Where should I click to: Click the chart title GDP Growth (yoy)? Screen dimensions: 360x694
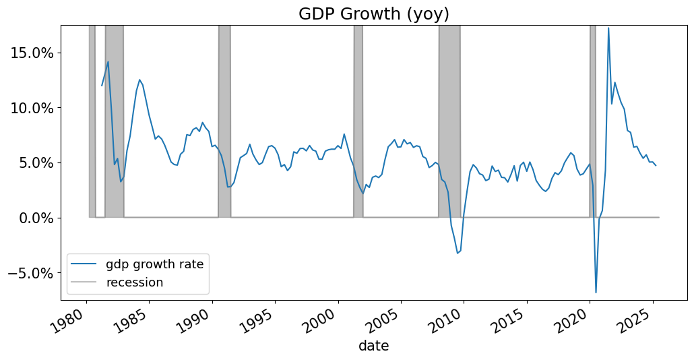(x=374, y=14)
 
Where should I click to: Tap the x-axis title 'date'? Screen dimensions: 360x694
(x=373, y=347)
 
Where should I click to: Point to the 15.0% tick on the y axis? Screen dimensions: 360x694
(x=34, y=53)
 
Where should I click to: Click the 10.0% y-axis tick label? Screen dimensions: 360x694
(x=34, y=108)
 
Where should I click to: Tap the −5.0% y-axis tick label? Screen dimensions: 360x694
(x=31, y=273)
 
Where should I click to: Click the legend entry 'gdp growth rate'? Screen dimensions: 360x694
(x=154, y=264)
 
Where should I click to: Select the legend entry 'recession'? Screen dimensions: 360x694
(x=135, y=282)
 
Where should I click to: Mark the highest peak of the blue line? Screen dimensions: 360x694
(x=608, y=28)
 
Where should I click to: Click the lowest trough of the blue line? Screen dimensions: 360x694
(x=596, y=292)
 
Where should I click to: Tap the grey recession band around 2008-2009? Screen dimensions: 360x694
(x=449, y=121)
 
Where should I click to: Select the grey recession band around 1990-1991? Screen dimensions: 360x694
(x=224, y=121)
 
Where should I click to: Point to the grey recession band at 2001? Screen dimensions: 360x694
(x=358, y=121)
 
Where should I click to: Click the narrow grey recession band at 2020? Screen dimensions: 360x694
(x=593, y=121)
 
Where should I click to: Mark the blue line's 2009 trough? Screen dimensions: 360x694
(x=458, y=253)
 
